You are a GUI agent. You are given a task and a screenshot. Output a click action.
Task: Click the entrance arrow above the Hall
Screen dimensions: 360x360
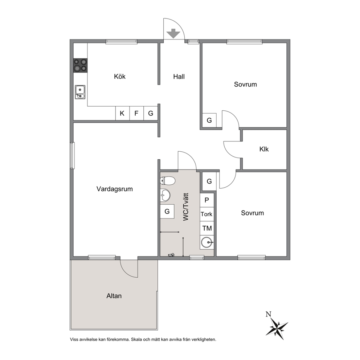coord(173,33)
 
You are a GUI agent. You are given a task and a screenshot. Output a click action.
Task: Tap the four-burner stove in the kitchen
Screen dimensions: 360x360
coord(80,65)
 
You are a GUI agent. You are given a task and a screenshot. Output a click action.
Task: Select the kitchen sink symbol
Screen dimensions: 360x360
coord(80,92)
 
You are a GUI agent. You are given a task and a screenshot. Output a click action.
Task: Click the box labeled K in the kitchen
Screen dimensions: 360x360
coord(122,113)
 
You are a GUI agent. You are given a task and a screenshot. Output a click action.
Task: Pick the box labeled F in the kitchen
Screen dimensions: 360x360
coord(136,113)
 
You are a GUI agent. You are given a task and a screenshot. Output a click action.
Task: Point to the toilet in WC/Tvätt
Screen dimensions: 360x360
coord(168,181)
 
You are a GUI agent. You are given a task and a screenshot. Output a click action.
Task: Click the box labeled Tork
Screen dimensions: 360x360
coord(207,214)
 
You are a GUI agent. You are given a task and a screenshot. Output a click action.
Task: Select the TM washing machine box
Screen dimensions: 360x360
coord(207,228)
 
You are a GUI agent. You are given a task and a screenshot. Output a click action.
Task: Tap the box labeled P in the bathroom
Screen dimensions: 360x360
coord(207,200)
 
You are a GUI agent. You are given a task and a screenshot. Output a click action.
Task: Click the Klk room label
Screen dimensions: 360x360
coord(264,149)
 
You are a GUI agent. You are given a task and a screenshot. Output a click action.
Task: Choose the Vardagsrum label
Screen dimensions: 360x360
coord(115,189)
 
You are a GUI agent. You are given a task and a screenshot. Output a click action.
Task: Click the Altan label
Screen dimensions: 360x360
coord(114,296)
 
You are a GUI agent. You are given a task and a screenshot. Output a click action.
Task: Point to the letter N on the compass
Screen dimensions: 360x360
coord(269,314)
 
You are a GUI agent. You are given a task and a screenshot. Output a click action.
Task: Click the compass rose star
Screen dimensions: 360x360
coord(277,327)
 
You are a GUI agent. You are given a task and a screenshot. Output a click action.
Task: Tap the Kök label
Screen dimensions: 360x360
coord(120,77)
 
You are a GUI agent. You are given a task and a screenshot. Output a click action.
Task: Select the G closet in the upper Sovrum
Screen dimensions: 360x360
coord(209,120)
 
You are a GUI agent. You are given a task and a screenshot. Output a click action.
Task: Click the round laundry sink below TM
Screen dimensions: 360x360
coord(206,242)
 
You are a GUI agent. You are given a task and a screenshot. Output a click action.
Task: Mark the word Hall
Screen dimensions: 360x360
coord(179,77)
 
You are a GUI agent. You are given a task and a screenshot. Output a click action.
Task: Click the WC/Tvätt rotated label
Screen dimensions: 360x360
coord(185,207)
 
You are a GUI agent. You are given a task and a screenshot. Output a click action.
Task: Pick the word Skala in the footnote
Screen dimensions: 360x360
coord(136,339)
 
